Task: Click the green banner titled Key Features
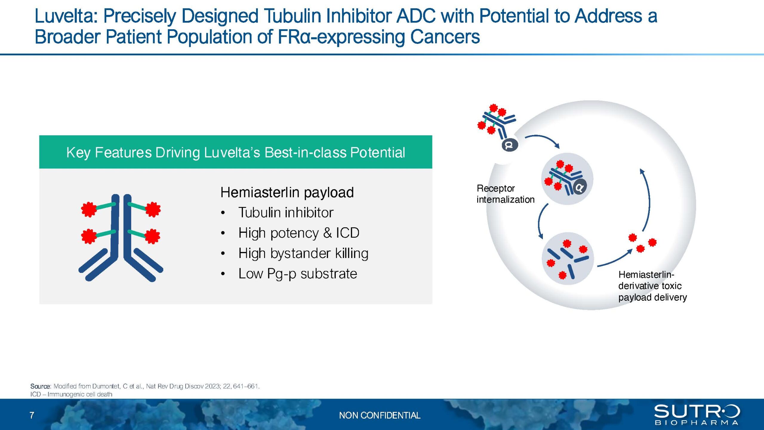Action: [x=235, y=152]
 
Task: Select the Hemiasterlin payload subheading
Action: [x=287, y=193]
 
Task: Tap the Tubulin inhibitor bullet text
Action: [x=286, y=213]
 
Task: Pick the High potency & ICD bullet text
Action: [x=299, y=233]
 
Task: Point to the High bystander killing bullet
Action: [x=303, y=253]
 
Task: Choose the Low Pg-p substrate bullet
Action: [x=298, y=274]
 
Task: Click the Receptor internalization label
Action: [x=505, y=194]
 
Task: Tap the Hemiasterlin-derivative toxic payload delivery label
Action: [x=652, y=286]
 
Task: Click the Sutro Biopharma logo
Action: [x=697, y=414]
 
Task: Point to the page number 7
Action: [x=32, y=415]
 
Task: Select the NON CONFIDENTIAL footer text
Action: [x=380, y=415]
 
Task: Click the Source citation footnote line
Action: [x=145, y=386]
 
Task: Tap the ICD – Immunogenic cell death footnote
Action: [x=71, y=394]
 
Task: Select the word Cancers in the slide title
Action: [x=445, y=37]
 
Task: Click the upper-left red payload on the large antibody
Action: [x=89, y=209]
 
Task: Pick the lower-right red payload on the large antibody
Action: [x=153, y=236]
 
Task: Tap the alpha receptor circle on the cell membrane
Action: [x=510, y=145]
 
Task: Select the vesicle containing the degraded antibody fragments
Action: [x=568, y=259]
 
